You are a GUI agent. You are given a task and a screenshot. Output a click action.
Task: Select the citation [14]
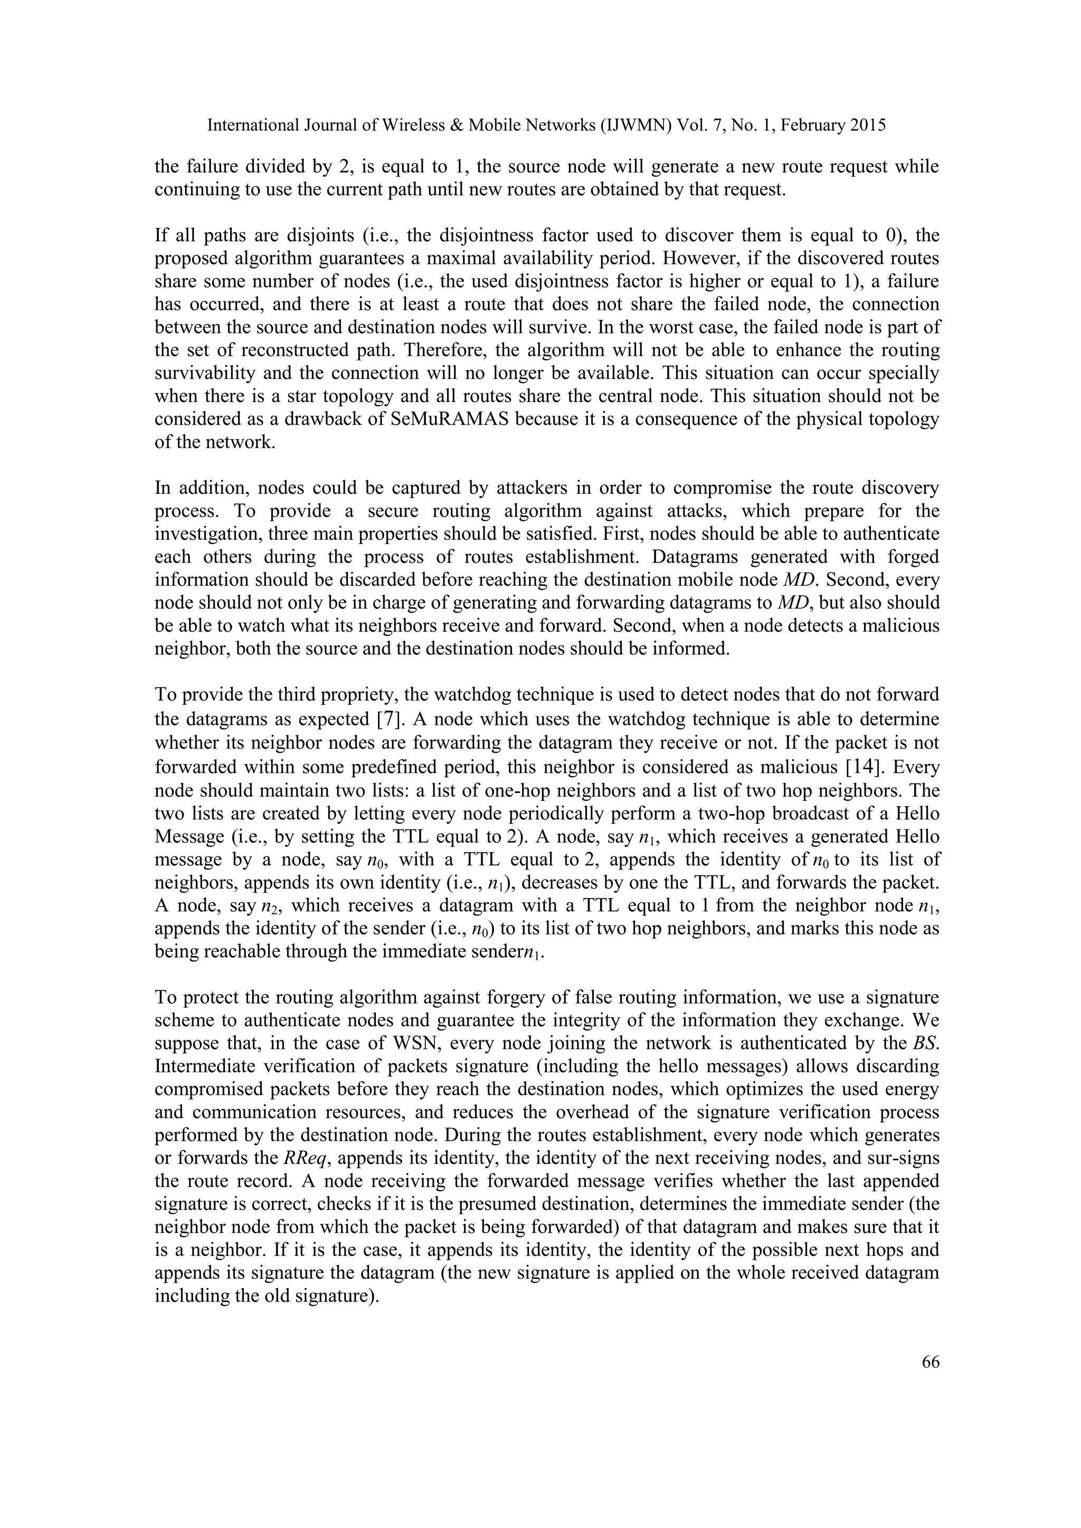pyautogui.click(x=860, y=767)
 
